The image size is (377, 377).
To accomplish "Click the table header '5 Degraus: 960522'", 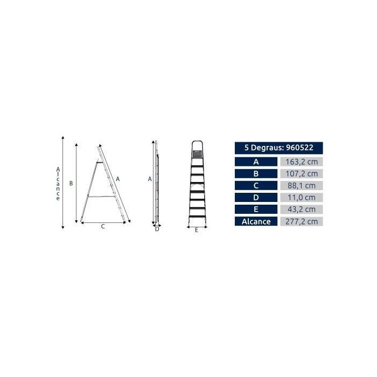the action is [x=278, y=148].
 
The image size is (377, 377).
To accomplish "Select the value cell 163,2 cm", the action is [x=302, y=162].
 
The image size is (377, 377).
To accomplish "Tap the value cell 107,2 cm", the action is [x=302, y=173].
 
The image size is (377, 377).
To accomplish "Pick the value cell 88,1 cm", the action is [x=302, y=186].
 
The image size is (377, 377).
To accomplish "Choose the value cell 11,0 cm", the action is [x=302, y=198].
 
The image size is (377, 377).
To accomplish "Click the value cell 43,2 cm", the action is [x=302, y=209].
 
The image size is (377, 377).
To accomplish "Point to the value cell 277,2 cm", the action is [x=302, y=221].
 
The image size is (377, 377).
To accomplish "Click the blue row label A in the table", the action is [x=256, y=162].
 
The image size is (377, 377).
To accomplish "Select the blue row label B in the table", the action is [x=256, y=173].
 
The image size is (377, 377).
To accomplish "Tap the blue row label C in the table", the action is [x=256, y=186].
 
